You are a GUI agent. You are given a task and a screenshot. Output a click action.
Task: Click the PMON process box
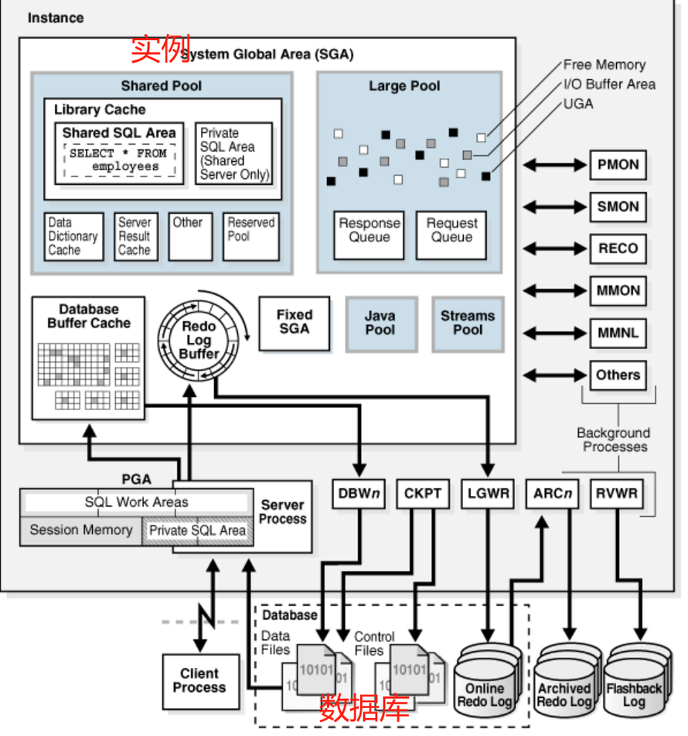coord(618,165)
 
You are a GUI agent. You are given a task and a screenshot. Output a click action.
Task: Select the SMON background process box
coord(618,207)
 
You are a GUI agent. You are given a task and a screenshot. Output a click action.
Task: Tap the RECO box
coord(618,248)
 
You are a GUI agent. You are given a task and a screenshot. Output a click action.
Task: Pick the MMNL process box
coord(618,333)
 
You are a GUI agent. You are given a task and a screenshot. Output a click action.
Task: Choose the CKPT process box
coord(422,493)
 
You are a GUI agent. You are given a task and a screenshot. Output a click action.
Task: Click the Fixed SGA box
coord(294,321)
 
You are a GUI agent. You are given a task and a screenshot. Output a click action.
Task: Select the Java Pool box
coord(380,323)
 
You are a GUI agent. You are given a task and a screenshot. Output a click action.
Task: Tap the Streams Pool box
coord(467,323)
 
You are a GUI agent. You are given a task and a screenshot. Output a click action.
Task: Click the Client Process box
coord(199,680)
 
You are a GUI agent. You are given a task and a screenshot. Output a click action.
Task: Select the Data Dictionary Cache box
coord(73,236)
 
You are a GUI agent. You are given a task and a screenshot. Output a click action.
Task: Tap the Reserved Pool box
coord(251,236)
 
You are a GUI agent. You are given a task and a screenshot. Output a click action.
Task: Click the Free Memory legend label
coord(604,65)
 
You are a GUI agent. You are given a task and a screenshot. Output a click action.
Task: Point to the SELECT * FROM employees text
coord(118,159)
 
